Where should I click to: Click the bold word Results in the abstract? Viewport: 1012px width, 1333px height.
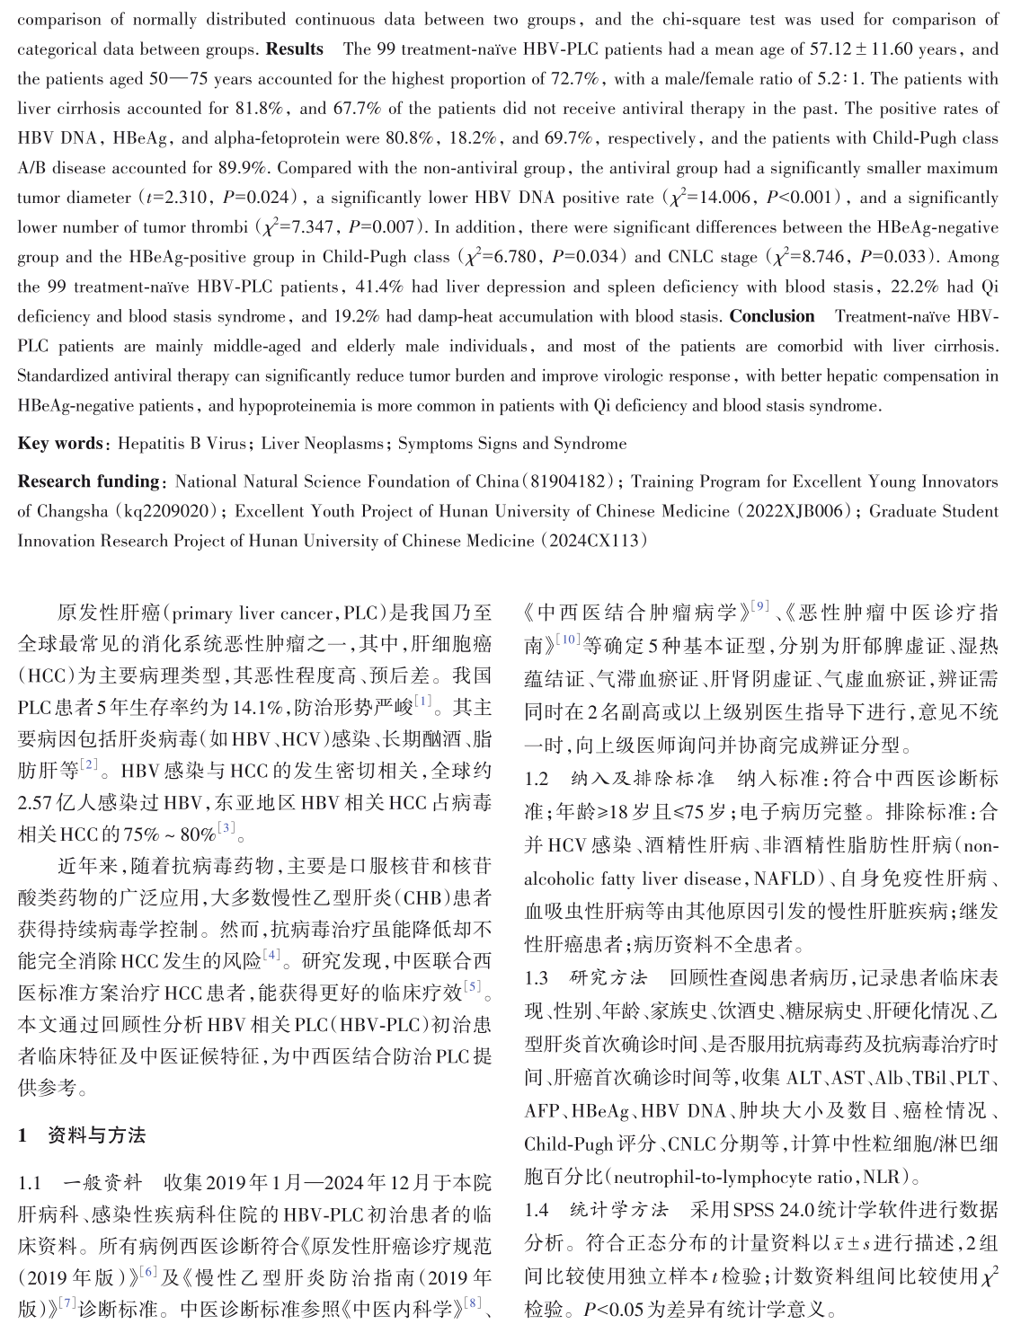[x=294, y=49]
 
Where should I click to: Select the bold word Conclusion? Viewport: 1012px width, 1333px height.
[x=771, y=316]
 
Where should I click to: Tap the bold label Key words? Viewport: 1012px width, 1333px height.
[x=59, y=443]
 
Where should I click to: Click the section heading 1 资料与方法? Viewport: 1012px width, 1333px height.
[x=82, y=1135]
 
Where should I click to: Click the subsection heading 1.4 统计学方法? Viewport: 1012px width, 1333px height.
[x=596, y=1210]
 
